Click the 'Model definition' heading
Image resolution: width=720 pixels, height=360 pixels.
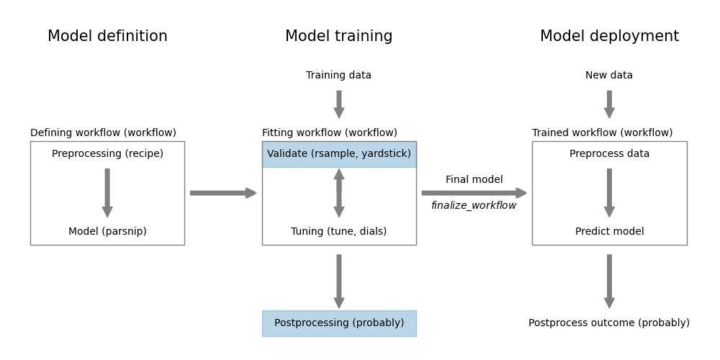pos(107,37)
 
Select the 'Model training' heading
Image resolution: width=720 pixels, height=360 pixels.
pos(338,37)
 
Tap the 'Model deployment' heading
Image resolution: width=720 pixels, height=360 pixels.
pos(609,37)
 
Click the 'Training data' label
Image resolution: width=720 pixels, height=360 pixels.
pos(338,76)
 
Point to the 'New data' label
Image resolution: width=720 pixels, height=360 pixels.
pos(609,76)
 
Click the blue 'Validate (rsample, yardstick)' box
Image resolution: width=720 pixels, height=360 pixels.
pos(338,154)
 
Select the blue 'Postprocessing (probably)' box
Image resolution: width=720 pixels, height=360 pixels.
pos(338,323)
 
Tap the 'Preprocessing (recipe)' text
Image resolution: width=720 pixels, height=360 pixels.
pos(107,154)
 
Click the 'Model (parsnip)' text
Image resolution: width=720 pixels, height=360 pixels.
pos(107,232)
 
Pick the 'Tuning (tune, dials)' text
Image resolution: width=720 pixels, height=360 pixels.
pos(338,232)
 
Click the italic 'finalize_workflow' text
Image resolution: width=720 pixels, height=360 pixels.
pos(474,206)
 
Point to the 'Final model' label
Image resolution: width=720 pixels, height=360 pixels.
pos(474,180)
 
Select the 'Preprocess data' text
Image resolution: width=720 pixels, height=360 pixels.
pos(609,154)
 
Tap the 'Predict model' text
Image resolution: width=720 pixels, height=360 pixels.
pos(609,232)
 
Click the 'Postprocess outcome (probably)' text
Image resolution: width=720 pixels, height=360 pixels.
pos(609,323)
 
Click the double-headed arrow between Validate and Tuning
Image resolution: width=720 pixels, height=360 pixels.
pos(338,193)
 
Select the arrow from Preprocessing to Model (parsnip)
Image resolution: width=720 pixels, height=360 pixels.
pos(107,193)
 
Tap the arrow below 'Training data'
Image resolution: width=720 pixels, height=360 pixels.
pos(338,104)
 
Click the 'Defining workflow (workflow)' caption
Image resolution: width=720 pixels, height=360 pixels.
pos(103,133)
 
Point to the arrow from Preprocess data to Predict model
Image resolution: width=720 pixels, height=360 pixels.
pos(609,193)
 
